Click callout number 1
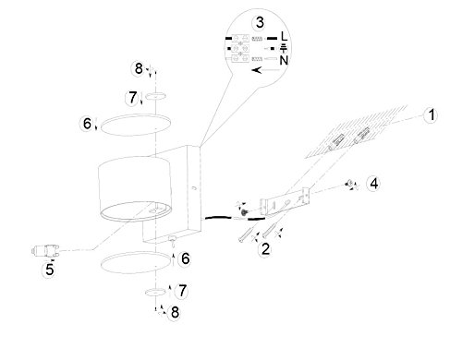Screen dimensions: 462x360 click(x=432, y=115)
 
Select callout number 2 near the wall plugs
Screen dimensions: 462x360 click(x=265, y=248)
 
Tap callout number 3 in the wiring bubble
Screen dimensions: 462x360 click(x=260, y=22)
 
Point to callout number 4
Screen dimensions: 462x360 click(x=373, y=184)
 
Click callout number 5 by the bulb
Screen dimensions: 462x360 click(x=50, y=270)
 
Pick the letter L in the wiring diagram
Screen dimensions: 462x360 click(x=284, y=36)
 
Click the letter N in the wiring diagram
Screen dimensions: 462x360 click(x=284, y=60)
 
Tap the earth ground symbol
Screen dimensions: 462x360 click(x=284, y=48)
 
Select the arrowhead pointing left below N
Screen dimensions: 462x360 click(x=257, y=70)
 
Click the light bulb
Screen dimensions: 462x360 click(x=45, y=250)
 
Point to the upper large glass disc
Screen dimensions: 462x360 click(x=136, y=125)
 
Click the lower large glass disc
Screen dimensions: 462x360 click(x=136, y=262)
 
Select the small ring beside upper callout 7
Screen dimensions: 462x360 click(x=156, y=96)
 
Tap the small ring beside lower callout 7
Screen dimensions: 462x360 click(x=155, y=293)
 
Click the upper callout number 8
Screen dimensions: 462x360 click(x=139, y=68)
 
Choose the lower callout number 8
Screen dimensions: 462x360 click(x=175, y=313)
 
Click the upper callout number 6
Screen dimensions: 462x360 click(x=88, y=124)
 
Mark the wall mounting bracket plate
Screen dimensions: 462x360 click(x=285, y=201)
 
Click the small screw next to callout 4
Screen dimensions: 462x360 click(x=349, y=184)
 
